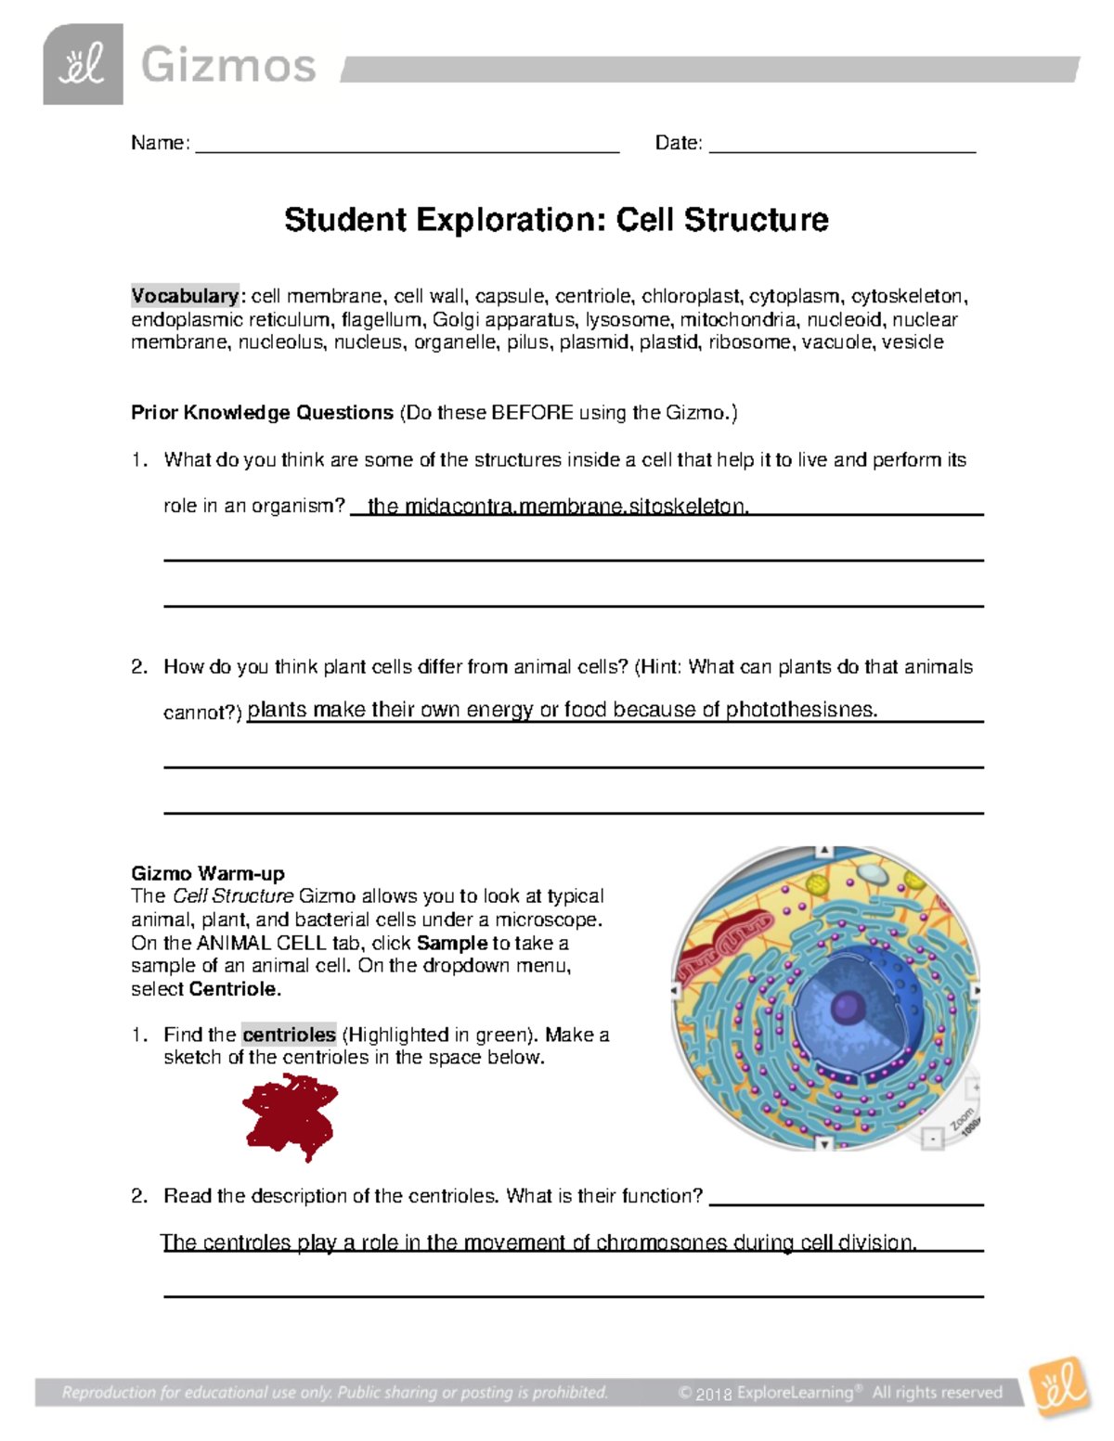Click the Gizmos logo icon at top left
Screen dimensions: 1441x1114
click(83, 64)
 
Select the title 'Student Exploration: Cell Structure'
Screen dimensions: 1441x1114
click(556, 220)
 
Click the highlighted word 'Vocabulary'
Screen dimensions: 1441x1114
click(185, 296)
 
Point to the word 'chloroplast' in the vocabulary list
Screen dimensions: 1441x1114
click(692, 296)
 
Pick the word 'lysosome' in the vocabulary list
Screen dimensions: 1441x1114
click(628, 319)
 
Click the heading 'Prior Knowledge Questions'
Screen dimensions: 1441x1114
click(262, 413)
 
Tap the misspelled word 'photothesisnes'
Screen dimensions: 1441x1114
click(801, 710)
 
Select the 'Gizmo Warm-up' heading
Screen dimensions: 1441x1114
click(208, 873)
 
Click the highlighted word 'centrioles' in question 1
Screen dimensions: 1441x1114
click(289, 1035)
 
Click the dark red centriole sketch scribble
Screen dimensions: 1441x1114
click(291, 1116)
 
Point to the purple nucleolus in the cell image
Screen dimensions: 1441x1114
click(847, 1007)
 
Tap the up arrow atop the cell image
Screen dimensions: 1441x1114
click(823, 851)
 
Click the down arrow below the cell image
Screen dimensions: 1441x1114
click(824, 1144)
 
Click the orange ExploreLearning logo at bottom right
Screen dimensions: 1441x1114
click(1059, 1388)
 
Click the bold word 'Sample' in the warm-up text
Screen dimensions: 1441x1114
click(452, 943)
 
